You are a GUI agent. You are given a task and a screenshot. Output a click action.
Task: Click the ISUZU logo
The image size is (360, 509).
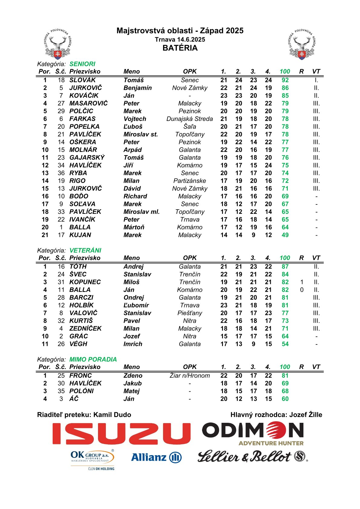tap(121, 433)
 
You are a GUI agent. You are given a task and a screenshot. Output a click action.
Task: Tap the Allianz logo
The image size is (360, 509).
tap(156, 457)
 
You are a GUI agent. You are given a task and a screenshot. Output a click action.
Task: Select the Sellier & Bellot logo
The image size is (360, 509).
tap(252, 456)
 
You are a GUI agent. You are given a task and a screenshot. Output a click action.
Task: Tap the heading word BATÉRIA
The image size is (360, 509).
tap(180, 48)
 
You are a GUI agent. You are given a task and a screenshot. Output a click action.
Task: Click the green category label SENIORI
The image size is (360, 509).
tap(82, 64)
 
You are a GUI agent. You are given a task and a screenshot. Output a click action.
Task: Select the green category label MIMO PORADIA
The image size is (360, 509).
tap(93, 359)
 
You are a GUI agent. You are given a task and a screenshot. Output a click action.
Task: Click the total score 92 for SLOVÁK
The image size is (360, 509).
tap(285, 80)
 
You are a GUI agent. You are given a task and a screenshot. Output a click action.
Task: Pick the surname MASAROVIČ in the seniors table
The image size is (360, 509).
tap(88, 103)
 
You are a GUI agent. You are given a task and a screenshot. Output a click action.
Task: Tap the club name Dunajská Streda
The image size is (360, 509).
tap(190, 119)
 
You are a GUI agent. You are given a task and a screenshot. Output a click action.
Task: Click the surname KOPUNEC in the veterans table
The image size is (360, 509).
tap(85, 282)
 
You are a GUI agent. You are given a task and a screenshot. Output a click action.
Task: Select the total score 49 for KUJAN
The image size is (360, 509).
tap(285, 235)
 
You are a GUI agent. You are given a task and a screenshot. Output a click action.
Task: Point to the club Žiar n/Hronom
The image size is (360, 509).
tap(190, 376)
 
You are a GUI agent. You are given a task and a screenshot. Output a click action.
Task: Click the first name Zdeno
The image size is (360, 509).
tap(133, 376)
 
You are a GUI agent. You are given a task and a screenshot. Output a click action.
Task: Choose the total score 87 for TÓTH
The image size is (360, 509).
tap(285, 266)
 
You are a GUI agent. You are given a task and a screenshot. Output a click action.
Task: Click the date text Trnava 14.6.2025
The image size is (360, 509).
tap(180, 39)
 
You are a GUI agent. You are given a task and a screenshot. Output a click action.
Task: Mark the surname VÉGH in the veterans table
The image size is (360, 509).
tap(78, 344)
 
